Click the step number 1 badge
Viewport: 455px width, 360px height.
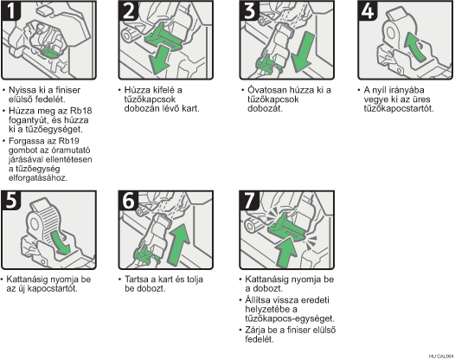[11, 10]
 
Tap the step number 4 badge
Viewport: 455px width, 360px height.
[368, 10]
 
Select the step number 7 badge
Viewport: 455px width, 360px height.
[249, 200]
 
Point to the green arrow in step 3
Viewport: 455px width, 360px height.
[303, 52]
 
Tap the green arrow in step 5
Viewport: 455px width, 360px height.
[60, 241]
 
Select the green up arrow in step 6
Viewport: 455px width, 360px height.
[179, 244]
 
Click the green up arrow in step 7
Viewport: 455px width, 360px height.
[286, 252]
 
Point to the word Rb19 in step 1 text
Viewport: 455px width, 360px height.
[68, 141]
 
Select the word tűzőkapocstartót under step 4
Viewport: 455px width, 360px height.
[399, 108]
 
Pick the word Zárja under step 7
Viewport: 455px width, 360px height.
[254, 331]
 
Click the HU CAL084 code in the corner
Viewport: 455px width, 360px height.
[441, 357]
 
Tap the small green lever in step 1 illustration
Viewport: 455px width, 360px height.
[50, 52]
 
